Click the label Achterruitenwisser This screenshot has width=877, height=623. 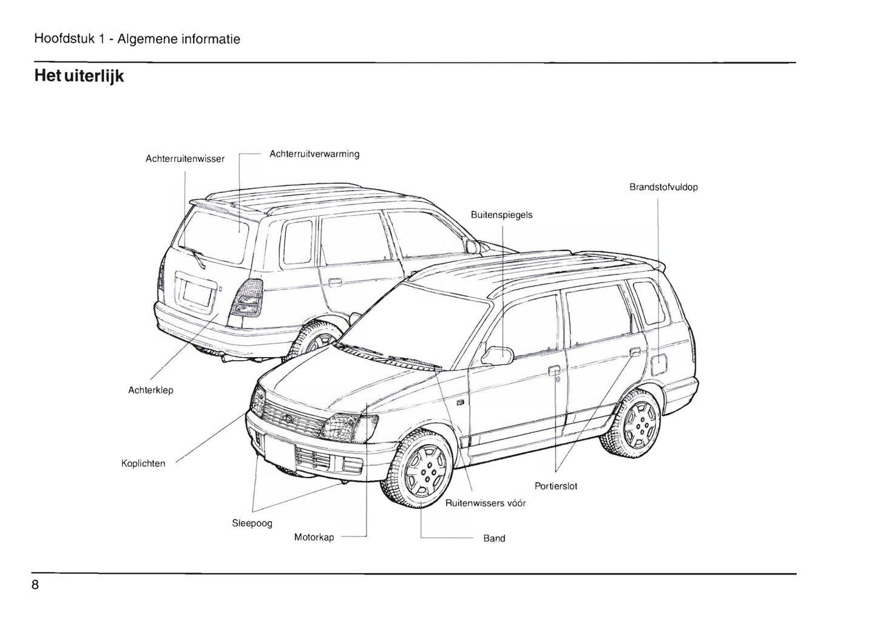(x=185, y=159)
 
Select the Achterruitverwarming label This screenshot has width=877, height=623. (x=314, y=154)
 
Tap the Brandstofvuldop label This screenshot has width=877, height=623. (x=663, y=187)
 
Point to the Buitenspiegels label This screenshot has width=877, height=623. (x=501, y=215)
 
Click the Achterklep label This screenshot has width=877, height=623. (x=151, y=390)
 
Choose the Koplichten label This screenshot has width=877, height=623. (x=143, y=464)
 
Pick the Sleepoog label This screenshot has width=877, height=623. (x=252, y=523)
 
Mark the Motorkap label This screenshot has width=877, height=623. (x=314, y=537)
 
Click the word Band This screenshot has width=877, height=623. (x=494, y=539)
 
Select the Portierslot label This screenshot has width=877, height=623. (x=556, y=486)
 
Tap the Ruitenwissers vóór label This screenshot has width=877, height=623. (x=486, y=503)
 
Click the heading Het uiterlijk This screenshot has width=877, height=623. (x=80, y=77)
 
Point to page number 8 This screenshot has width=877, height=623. (x=36, y=585)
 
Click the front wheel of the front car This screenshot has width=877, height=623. (x=422, y=472)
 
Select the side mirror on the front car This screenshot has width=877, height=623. (x=497, y=355)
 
